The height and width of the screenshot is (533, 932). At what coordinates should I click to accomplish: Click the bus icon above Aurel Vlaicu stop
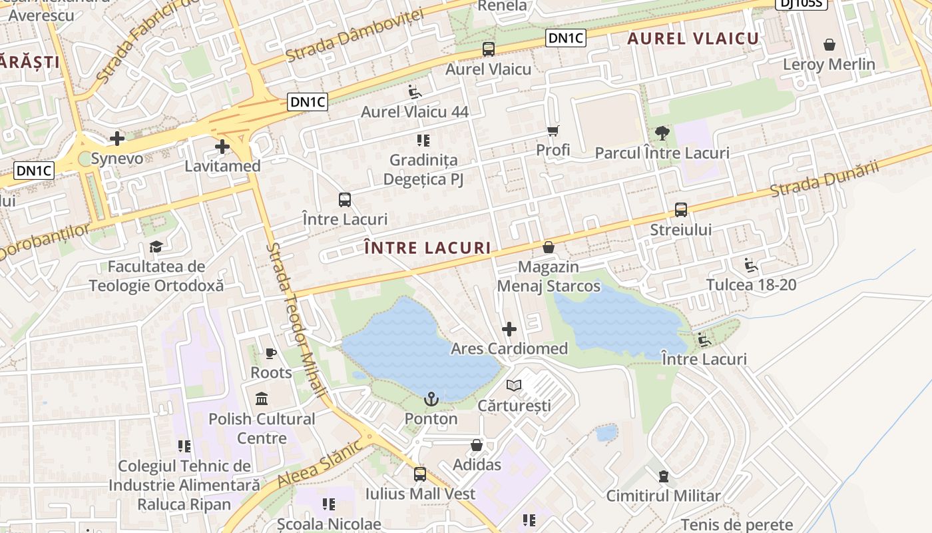pyautogui.click(x=489, y=49)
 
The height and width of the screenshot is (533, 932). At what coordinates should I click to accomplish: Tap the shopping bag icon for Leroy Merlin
pyautogui.click(x=829, y=45)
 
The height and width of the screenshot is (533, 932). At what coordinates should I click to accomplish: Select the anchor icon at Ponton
pyautogui.click(x=431, y=399)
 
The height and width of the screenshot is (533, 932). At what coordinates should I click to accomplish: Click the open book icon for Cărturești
pyautogui.click(x=514, y=385)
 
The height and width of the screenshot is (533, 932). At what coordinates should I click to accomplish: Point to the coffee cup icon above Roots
pyautogui.click(x=271, y=353)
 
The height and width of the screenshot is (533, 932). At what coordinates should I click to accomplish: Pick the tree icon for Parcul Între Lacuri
pyautogui.click(x=662, y=133)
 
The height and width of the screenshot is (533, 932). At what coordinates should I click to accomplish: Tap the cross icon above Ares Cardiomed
pyautogui.click(x=509, y=328)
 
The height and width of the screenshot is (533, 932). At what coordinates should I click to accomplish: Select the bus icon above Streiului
pyautogui.click(x=681, y=210)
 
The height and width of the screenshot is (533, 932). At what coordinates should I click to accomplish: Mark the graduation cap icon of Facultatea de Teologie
pyautogui.click(x=156, y=247)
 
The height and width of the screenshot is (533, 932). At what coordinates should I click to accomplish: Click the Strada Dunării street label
pyautogui.click(x=824, y=179)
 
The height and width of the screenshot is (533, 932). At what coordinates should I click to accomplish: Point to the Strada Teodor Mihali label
pyautogui.click(x=297, y=320)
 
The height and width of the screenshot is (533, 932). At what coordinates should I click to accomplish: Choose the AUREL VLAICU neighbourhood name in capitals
pyautogui.click(x=693, y=39)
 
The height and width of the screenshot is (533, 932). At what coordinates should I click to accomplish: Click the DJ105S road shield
pyautogui.click(x=802, y=3)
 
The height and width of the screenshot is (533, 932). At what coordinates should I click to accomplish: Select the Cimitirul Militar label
pyautogui.click(x=663, y=496)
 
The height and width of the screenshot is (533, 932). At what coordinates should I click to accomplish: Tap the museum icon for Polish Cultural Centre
pyautogui.click(x=262, y=399)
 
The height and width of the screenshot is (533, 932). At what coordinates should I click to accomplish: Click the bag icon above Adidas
pyautogui.click(x=477, y=444)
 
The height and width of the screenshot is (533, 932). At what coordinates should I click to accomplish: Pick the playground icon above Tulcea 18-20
pyautogui.click(x=751, y=265)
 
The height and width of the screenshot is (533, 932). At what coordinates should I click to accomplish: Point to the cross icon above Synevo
pyautogui.click(x=117, y=139)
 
